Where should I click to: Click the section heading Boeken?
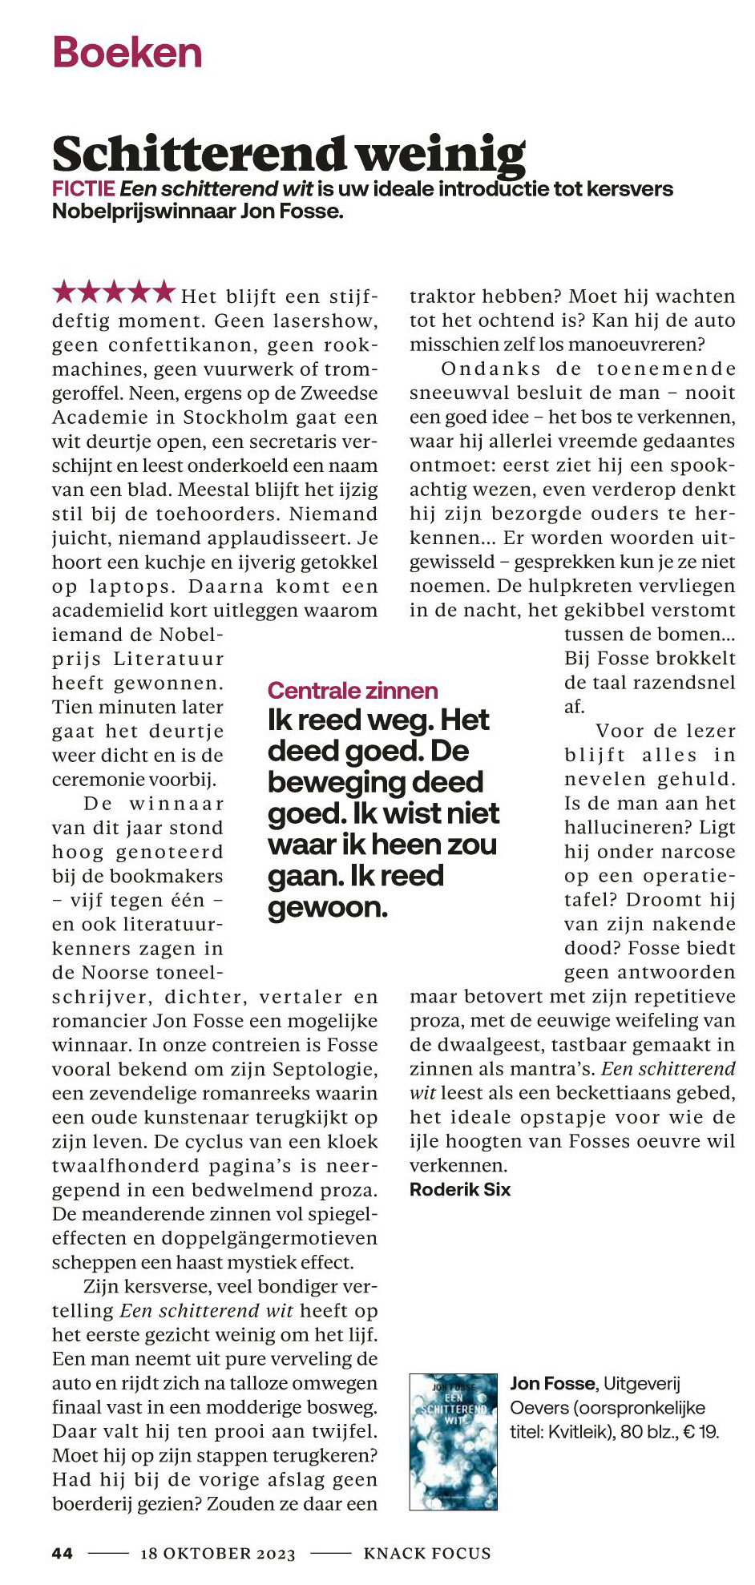127,53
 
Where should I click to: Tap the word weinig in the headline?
440,154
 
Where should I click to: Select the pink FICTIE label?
83,189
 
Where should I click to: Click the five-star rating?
113,293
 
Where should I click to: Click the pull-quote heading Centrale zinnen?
353,691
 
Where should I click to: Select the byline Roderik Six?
459,1189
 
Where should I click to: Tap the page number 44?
63,1553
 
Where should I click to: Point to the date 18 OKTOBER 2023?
218,1554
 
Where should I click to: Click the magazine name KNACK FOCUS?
426,1554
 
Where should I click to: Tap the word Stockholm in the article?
236,417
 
